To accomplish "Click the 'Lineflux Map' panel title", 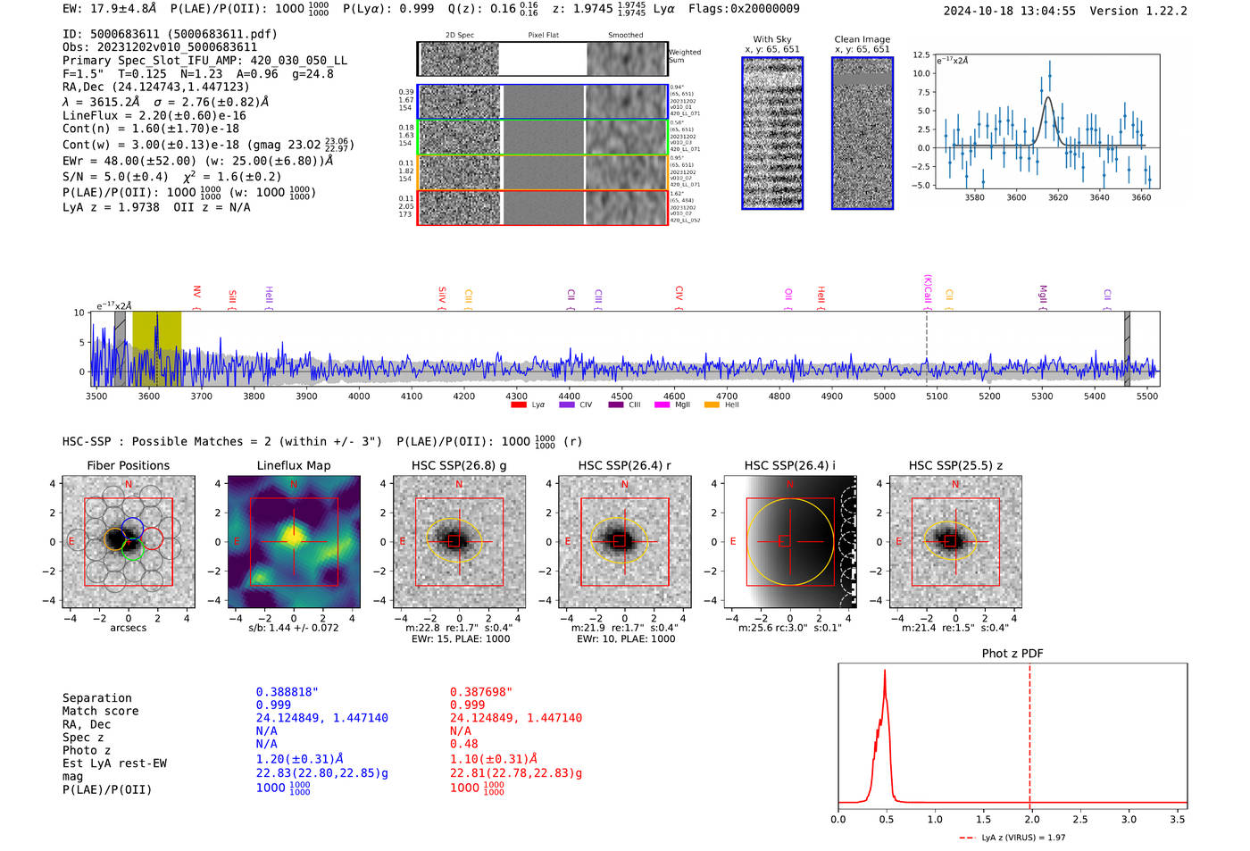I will [293, 465].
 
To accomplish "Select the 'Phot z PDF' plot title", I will [1012, 654].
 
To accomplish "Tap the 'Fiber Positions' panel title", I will [128, 465].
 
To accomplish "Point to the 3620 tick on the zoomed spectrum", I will [1058, 197].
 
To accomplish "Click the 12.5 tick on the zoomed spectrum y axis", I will [921, 55].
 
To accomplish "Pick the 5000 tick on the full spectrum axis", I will [884, 396].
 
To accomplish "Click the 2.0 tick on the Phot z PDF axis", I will [1031, 819].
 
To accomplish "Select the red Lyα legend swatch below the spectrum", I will [518, 405].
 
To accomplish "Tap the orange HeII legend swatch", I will [712, 405].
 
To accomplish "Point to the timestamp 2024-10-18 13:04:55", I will [1009, 11].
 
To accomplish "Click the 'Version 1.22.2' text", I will [1138, 11].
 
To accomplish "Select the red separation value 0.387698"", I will [481, 692].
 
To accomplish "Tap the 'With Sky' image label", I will [772, 39].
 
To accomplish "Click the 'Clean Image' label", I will [862, 39].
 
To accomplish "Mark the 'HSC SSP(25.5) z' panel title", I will [955, 465].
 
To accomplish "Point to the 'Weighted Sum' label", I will [685, 56].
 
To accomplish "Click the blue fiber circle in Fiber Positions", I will [132, 527].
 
